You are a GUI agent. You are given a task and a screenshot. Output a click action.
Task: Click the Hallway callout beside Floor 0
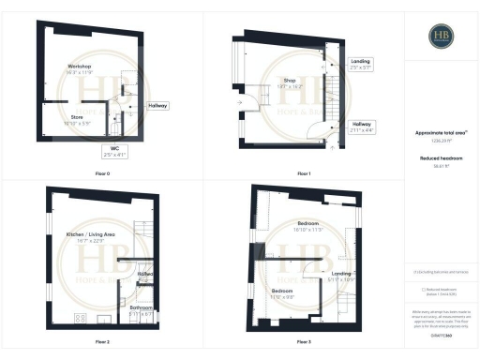pyautogui.click(x=157, y=106)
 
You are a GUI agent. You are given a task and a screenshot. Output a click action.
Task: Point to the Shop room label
pyautogui.click(x=289, y=82)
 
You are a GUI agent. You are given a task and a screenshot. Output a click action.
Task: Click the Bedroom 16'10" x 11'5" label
pyautogui.click(x=306, y=226)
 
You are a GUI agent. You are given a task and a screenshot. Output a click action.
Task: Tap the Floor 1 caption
pyautogui.click(x=303, y=173)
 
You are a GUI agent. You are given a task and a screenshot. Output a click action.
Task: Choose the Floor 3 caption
pyautogui.click(x=303, y=341)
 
